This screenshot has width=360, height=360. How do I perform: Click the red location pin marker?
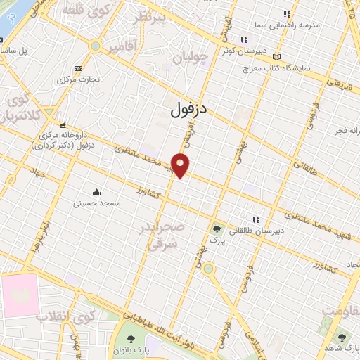point(181,165)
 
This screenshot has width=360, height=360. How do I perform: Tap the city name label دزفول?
point(190,109)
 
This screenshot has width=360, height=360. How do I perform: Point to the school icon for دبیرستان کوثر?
point(243,39)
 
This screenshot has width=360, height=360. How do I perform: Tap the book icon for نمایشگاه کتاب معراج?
point(276,57)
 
